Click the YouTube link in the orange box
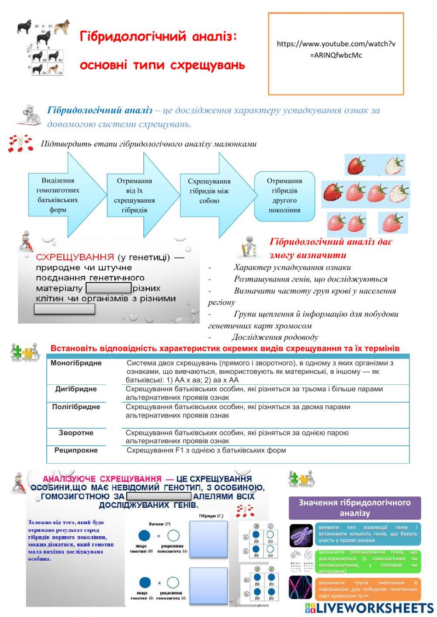point(336,49)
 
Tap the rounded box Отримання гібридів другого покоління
point(284,195)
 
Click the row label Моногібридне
point(76,363)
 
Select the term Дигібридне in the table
point(76,389)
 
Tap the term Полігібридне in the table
point(76,407)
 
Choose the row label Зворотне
point(76,433)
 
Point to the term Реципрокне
point(76,450)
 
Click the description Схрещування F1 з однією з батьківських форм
point(206,450)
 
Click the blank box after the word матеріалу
point(109,288)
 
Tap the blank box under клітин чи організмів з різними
point(65,309)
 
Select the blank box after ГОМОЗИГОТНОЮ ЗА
point(159,496)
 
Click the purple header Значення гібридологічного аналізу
point(354,507)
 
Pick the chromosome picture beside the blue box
point(301,535)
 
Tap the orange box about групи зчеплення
point(368,589)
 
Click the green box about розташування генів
point(368,562)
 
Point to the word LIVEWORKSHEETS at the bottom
point(375,608)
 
